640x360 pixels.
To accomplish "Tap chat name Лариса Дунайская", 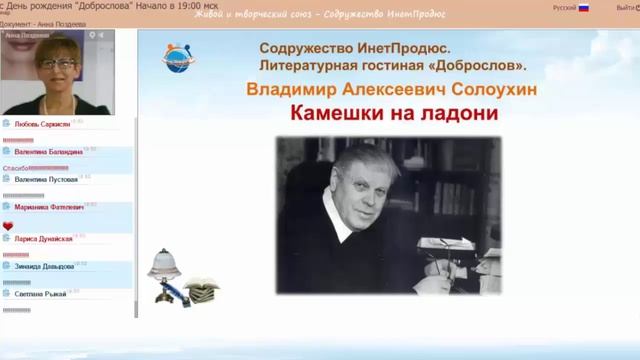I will point(43,240).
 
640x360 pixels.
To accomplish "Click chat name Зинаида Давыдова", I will point(44,268).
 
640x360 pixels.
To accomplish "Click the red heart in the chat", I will point(7,227).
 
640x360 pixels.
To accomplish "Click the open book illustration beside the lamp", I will point(201,288).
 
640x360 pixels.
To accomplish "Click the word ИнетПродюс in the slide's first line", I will point(403,47).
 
